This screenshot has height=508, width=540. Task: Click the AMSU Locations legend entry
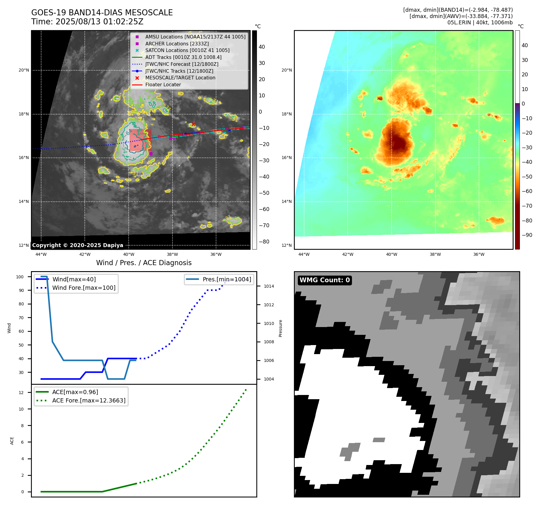click(x=195, y=37)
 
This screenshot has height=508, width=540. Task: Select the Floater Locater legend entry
click(x=163, y=85)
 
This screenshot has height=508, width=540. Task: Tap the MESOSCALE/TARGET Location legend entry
click(x=180, y=78)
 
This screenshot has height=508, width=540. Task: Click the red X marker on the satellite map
click(x=193, y=124)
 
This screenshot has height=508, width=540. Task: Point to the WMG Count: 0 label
click(x=325, y=280)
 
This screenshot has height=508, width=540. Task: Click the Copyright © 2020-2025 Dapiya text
click(x=78, y=245)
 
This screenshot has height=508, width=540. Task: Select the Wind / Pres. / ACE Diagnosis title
click(x=144, y=263)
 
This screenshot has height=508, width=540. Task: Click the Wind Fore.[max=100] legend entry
click(x=84, y=288)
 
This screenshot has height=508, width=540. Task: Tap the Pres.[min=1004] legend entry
click(x=227, y=279)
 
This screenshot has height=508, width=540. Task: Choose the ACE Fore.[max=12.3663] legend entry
click(x=89, y=400)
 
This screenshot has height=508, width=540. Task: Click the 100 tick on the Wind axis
click(x=20, y=277)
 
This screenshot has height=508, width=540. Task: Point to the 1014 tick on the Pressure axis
click(x=269, y=286)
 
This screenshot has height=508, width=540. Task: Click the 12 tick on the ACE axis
click(x=21, y=393)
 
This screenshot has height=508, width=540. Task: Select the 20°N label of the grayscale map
click(x=24, y=70)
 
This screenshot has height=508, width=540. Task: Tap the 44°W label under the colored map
click(x=304, y=255)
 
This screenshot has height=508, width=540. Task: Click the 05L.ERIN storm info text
click(x=480, y=23)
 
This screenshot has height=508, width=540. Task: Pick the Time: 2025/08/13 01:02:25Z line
click(x=87, y=22)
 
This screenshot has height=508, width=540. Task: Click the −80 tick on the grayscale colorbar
click(x=264, y=242)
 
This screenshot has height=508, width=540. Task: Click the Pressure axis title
click(x=280, y=328)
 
